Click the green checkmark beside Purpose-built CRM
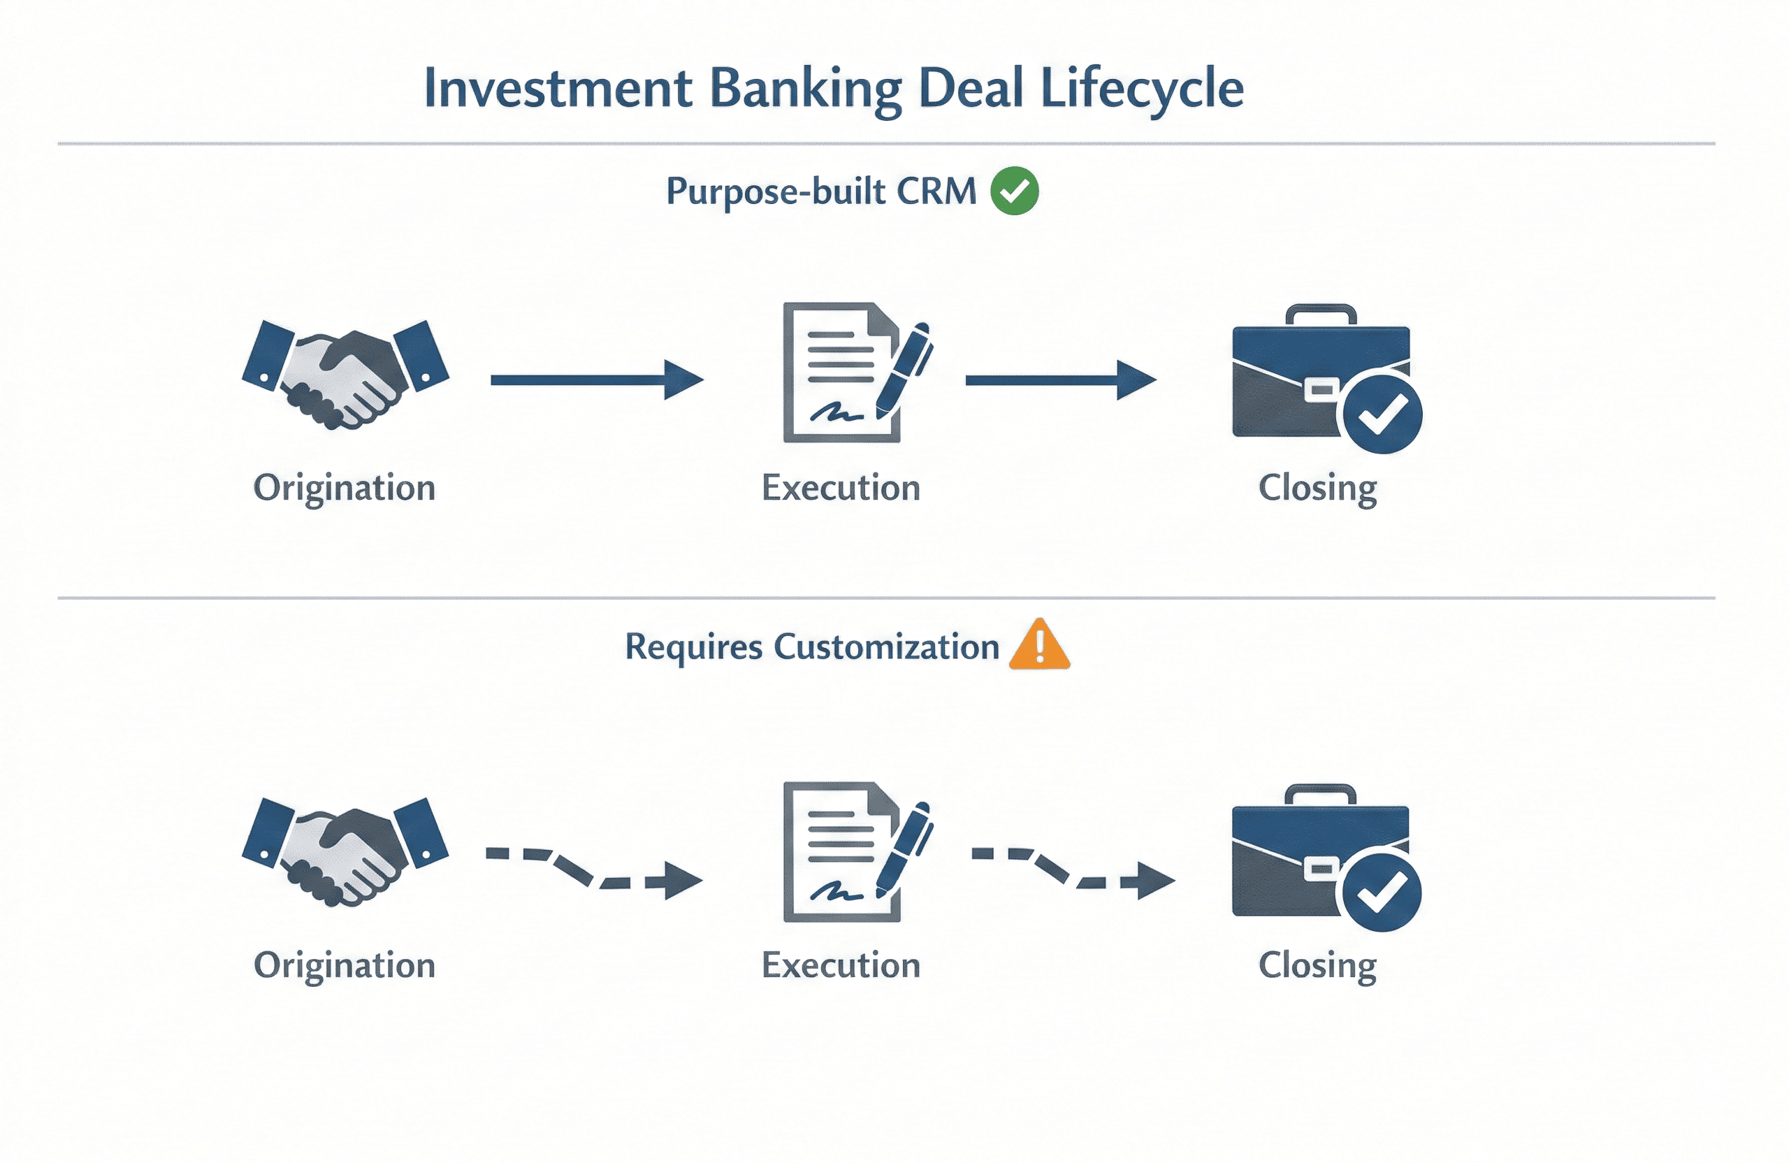click(x=1014, y=191)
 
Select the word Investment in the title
click(x=557, y=89)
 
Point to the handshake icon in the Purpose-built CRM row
click(x=345, y=374)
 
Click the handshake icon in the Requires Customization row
click(x=345, y=851)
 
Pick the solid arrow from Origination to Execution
click(x=597, y=380)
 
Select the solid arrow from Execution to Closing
click(x=1061, y=380)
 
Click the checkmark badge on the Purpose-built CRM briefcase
click(x=1382, y=414)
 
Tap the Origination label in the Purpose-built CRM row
click(x=345, y=488)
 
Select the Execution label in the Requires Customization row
click(x=841, y=965)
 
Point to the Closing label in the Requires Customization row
click(x=1317, y=965)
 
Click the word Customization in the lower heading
click(x=886, y=646)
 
